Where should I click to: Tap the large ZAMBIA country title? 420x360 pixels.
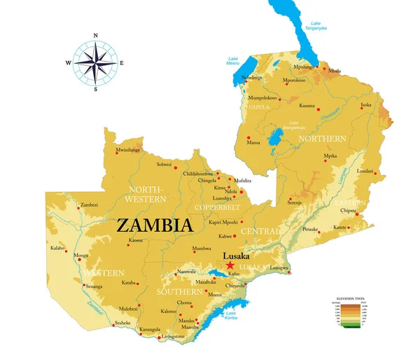[154, 226]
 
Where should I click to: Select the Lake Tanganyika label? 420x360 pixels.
[316, 26]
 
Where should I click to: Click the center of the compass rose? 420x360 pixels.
[96, 62]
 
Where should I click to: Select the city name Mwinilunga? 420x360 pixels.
[128, 150]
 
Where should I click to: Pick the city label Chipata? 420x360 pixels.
[349, 209]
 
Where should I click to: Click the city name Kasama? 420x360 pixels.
[307, 106]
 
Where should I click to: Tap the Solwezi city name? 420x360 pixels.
[164, 165]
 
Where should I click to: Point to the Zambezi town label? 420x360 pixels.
[89, 205]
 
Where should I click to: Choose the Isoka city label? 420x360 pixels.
[365, 105]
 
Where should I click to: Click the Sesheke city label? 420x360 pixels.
[123, 323]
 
